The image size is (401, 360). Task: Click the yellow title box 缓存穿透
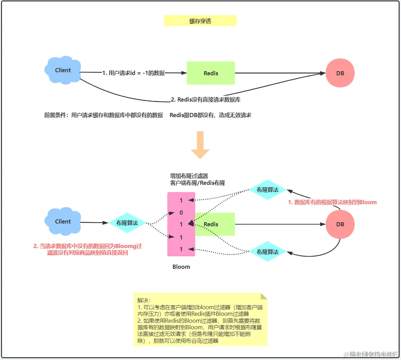point(200,21)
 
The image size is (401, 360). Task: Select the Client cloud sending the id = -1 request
point(63,70)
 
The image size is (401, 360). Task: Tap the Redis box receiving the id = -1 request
point(211,73)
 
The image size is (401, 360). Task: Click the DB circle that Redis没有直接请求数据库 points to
point(340,73)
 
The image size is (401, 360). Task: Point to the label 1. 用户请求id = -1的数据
point(133,73)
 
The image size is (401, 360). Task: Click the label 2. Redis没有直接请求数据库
point(206,100)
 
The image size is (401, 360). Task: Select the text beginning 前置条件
point(103,115)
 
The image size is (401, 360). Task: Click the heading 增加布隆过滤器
point(189,176)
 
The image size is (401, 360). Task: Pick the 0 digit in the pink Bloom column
point(181,212)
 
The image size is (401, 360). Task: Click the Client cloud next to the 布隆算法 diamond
point(63,221)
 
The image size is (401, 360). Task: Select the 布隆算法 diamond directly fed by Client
point(127,223)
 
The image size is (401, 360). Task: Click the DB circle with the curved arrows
point(340,224)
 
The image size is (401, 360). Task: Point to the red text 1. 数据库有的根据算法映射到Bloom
point(332,202)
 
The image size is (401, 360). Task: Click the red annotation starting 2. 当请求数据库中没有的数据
point(87,249)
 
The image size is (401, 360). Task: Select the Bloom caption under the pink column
point(181,267)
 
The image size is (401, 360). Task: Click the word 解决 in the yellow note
point(143,300)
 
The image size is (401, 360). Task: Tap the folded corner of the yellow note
point(264,296)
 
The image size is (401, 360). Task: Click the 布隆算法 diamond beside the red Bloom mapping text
point(267,190)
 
